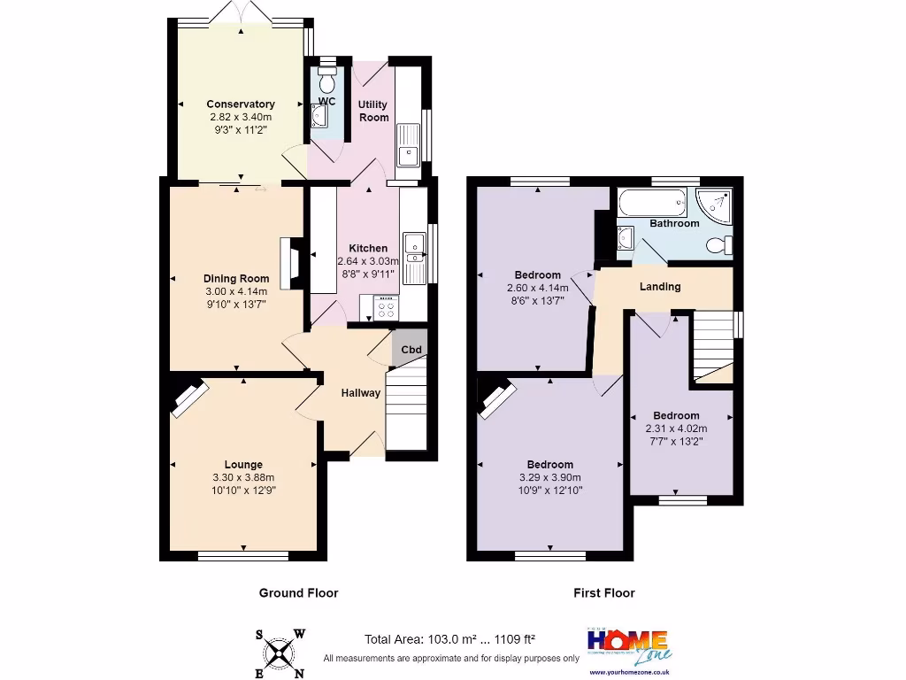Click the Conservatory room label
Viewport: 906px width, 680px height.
pyautogui.click(x=240, y=104)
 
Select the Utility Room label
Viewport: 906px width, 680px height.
pyautogui.click(x=372, y=111)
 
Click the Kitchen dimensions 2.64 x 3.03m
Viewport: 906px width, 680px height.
pyautogui.click(x=368, y=261)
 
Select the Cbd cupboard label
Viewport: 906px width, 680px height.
pyautogui.click(x=411, y=350)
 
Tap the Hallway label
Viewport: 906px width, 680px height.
pyautogui.click(x=361, y=393)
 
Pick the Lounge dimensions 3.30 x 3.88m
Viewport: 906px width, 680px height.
pyautogui.click(x=243, y=477)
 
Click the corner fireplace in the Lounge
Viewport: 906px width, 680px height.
pyautogui.click(x=189, y=398)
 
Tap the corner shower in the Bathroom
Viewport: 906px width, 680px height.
pyautogui.click(x=715, y=205)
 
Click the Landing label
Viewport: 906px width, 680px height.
pyautogui.click(x=660, y=286)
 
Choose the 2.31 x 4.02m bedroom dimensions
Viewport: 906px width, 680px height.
pyautogui.click(x=676, y=429)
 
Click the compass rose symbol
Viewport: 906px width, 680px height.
pyautogui.click(x=280, y=653)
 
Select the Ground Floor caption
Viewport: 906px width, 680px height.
pyautogui.click(x=298, y=593)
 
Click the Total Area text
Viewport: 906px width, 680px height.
pyautogui.click(x=450, y=639)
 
